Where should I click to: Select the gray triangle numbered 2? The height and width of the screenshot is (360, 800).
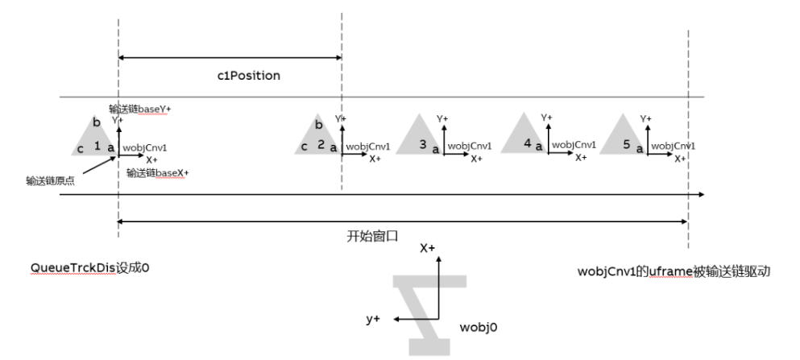click(316, 138)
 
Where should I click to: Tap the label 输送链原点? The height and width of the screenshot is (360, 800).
click(50, 181)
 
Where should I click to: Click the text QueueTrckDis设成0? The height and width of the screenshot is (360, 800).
click(90, 268)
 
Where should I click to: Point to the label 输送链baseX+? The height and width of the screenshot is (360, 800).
click(158, 172)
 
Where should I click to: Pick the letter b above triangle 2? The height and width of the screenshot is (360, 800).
click(318, 125)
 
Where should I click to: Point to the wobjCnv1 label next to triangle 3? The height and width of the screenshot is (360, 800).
click(469, 147)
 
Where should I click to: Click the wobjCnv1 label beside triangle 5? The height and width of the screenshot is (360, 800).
click(673, 147)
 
